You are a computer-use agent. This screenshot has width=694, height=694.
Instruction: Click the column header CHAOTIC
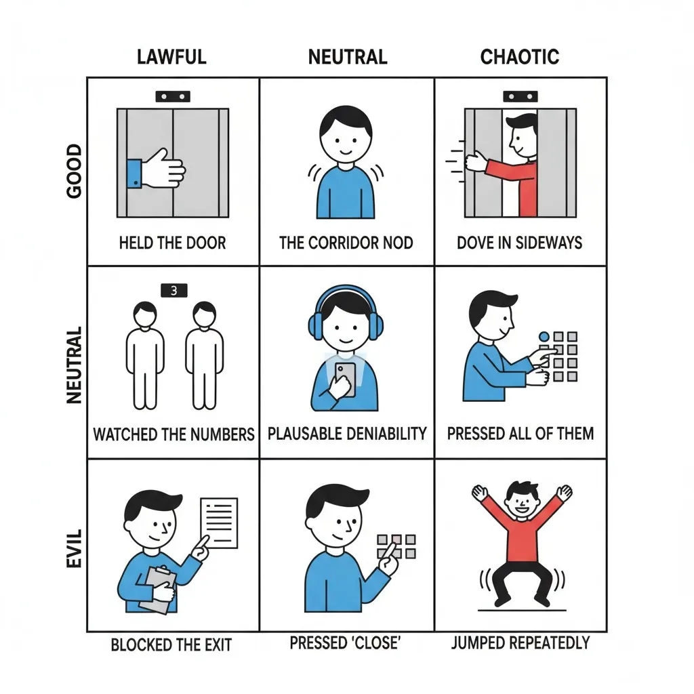520,57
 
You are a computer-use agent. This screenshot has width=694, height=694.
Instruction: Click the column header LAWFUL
171,57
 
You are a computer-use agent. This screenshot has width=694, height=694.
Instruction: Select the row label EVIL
74,548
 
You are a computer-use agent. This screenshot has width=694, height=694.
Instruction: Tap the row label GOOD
74,171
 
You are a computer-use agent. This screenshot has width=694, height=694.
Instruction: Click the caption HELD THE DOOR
173,243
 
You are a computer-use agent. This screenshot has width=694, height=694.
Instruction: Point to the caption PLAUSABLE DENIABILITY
347,433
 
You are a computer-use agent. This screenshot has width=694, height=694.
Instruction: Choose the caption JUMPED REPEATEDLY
520,642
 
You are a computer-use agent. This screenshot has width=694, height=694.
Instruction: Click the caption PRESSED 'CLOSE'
345,642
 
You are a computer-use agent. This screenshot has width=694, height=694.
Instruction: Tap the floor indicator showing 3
174,290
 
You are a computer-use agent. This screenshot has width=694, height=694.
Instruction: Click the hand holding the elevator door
157,170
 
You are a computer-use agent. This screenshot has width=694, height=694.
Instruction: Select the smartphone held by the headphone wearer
345,379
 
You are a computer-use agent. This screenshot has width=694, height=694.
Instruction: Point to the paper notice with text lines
219,523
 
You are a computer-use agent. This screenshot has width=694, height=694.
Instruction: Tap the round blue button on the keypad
544,337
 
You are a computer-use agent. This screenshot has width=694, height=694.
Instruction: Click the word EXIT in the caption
217,645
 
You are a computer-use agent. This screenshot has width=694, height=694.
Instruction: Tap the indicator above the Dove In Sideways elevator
520,96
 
